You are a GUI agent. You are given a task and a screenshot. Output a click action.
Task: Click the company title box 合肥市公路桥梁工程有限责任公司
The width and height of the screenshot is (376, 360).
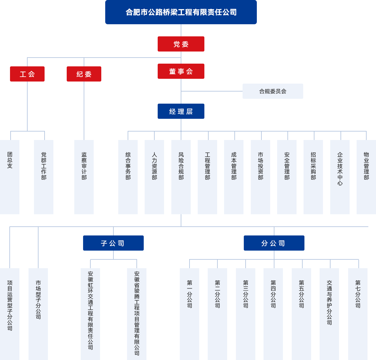(181, 12)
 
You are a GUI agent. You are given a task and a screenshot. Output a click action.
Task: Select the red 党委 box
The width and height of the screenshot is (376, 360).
(181, 44)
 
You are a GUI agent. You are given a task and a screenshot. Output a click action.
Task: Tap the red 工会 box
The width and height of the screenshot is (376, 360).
(27, 74)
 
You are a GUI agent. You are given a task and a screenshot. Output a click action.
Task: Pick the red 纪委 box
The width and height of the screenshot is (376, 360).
(84, 74)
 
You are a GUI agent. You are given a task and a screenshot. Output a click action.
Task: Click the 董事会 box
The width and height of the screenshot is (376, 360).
(181, 71)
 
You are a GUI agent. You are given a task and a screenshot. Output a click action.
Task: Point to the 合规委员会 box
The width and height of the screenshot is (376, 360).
(273, 91)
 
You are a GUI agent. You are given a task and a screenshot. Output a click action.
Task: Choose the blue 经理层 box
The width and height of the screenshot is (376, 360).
(181, 111)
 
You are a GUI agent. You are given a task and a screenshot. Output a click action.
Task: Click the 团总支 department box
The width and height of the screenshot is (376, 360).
(10, 177)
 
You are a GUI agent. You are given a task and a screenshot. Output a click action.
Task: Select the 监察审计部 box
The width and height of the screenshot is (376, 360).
(84, 177)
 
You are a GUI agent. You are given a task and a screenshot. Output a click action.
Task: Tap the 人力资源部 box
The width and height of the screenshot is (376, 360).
(154, 177)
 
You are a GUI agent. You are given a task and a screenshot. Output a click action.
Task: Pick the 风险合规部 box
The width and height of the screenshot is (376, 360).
(181, 177)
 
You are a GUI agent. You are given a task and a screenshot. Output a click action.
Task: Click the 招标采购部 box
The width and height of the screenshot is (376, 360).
(313, 177)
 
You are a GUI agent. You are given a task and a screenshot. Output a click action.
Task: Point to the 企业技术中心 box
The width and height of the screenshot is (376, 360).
(340, 177)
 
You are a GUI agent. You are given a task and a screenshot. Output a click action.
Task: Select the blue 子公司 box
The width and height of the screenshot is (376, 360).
(113, 243)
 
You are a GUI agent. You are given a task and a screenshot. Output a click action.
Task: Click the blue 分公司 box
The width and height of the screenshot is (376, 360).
(274, 243)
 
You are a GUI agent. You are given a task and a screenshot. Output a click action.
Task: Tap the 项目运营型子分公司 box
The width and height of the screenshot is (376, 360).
(10, 313)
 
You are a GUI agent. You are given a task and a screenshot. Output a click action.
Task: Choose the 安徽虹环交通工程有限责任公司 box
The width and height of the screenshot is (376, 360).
(90, 313)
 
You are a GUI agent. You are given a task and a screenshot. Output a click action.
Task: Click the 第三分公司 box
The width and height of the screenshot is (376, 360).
(245, 313)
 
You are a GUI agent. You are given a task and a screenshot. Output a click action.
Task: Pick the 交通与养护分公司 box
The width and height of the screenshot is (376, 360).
(329, 313)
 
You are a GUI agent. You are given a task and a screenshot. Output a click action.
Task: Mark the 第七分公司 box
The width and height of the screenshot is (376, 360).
(358, 313)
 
